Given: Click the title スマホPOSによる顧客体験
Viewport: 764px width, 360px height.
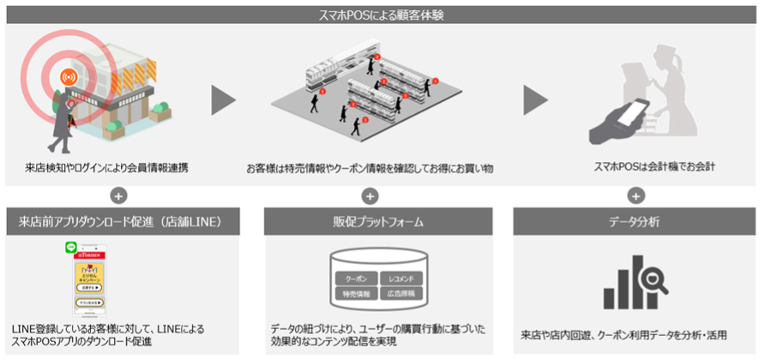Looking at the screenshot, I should pos(382,13).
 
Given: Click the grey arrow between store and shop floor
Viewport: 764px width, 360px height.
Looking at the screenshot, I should pos(223,99).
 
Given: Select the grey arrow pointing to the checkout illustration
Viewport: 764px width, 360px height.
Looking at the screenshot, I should pos(535,99).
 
